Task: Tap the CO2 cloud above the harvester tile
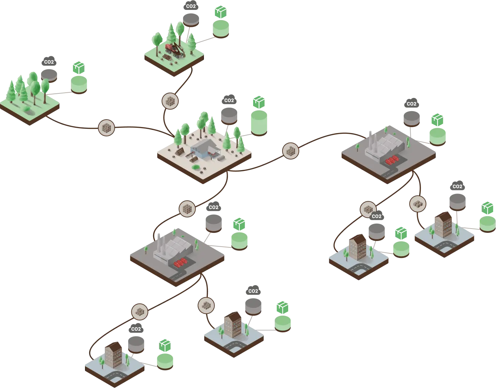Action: [x=191, y=6]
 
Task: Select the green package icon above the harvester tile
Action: [x=221, y=12]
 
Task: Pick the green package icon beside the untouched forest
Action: [x=79, y=68]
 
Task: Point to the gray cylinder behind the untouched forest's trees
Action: [x=49, y=76]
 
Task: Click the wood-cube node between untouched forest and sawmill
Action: [x=106, y=128]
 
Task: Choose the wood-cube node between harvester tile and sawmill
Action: [x=170, y=101]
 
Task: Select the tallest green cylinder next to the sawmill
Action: [x=259, y=123]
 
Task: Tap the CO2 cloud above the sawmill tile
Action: [x=229, y=100]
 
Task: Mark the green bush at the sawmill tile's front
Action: [x=196, y=167]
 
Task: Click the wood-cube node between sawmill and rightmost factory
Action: [x=290, y=151]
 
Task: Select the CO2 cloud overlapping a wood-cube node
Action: [x=376, y=216]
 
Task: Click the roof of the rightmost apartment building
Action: [x=443, y=216]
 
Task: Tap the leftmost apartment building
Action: [x=113, y=355]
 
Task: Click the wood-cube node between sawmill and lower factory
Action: [x=187, y=209]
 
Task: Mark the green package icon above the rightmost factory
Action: [x=437, y=120]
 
